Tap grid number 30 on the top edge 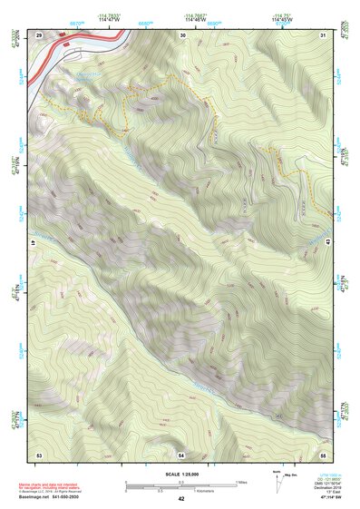(182, 34)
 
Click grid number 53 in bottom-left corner (39, 453)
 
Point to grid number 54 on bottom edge (181, 453)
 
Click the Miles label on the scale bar (241, 482)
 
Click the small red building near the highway (65, 42)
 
